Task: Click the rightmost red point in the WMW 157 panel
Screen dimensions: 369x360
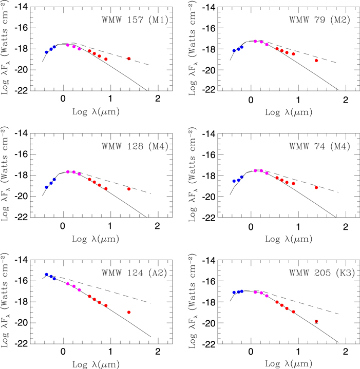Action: coord(129,59)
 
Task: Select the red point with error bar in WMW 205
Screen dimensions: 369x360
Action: coord(316,321)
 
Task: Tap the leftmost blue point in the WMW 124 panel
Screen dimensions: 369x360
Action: coord(46,275)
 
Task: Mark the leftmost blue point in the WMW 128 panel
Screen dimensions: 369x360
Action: coord(46,187)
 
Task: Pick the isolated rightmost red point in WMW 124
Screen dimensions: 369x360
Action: coord(129,312)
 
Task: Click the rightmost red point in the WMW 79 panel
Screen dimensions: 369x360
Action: coord(316,61)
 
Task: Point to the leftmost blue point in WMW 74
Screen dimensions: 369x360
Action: coord(234,181)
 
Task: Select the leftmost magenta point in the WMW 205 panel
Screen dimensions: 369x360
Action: coord(256,292)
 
